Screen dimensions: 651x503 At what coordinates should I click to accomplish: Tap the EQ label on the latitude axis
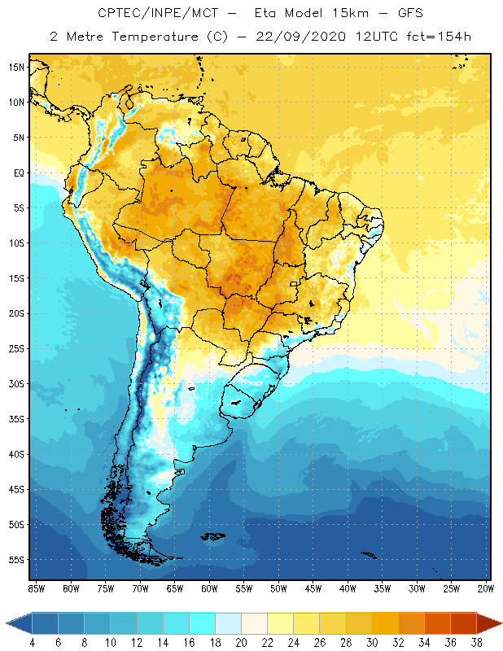pos(18,173)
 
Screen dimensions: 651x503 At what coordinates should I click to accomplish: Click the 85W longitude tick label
pos(36,588)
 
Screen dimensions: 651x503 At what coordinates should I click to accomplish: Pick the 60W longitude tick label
pos(209,588)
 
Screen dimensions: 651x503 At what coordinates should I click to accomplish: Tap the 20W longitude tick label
pos(486,588)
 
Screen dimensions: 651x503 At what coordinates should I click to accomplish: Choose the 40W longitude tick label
pos(348,588)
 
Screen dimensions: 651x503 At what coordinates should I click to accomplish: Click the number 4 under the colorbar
pos(33,642)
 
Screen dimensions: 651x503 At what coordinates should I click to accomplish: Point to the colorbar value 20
pos(241,642)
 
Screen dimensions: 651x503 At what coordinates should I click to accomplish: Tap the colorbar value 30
pos(371,642)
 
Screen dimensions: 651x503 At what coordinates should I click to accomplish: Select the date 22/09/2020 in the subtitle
pos(303,37)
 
